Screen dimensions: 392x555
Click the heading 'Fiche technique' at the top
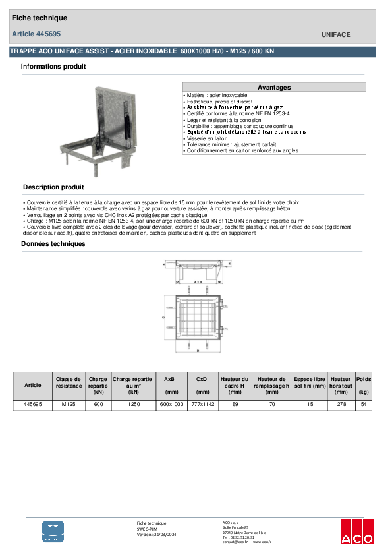tap(39, 18)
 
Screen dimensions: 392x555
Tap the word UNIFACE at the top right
tap(336, 34)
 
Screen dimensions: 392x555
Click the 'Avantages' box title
tap(274, 87)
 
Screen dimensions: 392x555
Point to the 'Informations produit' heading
tap(53, 67)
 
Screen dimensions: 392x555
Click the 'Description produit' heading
tap(53, 187)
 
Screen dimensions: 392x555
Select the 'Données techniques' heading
tap(53, 244)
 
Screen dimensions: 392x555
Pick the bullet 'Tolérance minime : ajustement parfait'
tap(229, 144)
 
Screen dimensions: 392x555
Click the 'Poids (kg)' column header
tap(364, 385)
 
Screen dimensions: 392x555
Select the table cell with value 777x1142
tap(202, 405)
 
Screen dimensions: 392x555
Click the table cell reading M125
tap(69, 405)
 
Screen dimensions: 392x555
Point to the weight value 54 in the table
tap(364, 405)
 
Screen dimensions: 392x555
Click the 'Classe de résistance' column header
tap(69, 385)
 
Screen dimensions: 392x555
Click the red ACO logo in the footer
tap(357, 531)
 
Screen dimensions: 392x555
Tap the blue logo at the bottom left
tap(53, 531)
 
